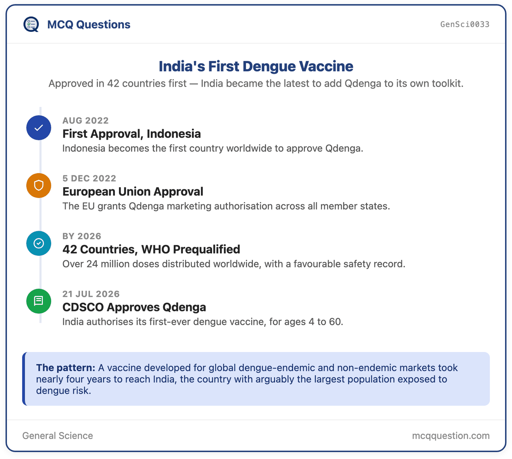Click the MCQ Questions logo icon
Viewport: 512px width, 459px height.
pyautogui.click(x=31, y=25)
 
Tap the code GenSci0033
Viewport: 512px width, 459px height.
pyautogui.click(x=464, y=24)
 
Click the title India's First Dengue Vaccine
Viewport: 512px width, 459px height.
pyautogui.click(x=256, y=66)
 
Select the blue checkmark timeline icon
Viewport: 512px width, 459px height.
pyautogui.click(x=39, y=128)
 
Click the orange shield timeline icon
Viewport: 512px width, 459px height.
pyautogui.click(x=39, y=186)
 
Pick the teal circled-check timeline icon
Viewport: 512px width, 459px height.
pyautogui.click(x=39, y=243)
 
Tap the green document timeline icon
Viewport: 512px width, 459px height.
pyautogui.click(x=39, y=301)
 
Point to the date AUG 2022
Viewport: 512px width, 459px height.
pyautogui.click(x=85, y=120)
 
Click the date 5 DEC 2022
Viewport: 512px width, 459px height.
pyautogui.click(x=89, y=178)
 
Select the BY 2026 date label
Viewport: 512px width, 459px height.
pyautogui.click(x=81, y=236)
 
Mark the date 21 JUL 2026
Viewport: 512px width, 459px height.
pyautogui.click(x=91, y=294)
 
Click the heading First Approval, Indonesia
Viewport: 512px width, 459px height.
pyautogui.click(x=131, y=134)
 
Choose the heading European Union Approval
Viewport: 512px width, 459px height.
pyautogui.click(x=133, y=192)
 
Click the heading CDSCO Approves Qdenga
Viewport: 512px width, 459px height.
pyautogui.click(x=134, y=307)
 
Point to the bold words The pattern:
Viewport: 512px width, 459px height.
pyautogui.click(x=65, y=368)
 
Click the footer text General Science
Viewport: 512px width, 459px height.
pyautogui.click(x=58, y=436)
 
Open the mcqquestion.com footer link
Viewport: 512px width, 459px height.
pyautogui.click(x=451, y=436)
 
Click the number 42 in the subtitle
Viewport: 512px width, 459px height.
pyautogui.click(x=113, y=83)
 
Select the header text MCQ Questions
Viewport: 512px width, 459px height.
pyautogui.click(x=89, y=25)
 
